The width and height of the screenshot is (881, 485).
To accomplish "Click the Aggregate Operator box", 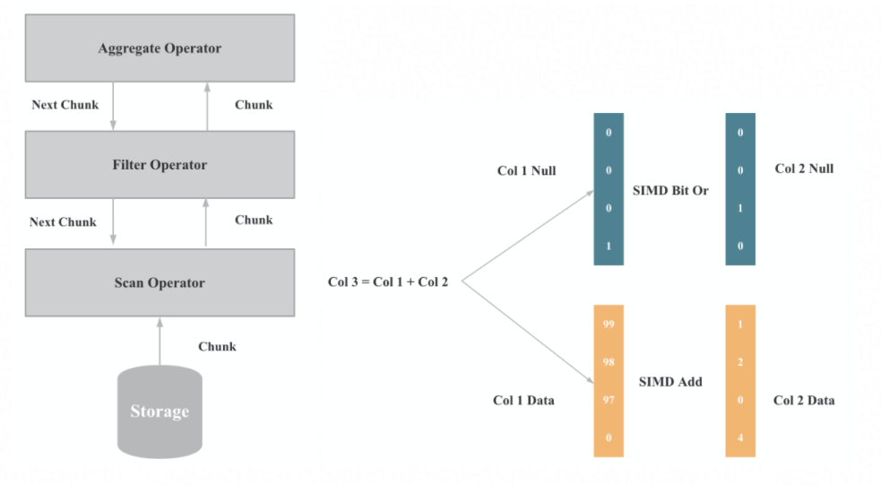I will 160,48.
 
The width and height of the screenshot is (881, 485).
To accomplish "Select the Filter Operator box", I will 160,165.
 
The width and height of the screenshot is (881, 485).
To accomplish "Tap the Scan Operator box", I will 160,283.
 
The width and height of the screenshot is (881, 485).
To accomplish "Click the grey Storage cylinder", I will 160,411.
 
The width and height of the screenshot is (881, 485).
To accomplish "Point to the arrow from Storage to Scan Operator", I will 160,341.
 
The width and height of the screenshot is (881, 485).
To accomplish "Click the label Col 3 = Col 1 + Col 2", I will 388,282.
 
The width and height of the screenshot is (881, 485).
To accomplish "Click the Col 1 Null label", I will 527,170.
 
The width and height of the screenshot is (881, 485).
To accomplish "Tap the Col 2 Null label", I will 804,169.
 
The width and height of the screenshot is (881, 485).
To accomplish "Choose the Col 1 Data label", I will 523,401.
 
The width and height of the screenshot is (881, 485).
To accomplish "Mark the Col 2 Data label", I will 804,401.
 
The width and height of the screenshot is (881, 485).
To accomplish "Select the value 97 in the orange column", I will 609,400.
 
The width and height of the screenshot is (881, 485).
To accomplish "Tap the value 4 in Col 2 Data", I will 740,438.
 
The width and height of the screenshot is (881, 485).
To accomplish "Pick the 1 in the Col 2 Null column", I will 740,208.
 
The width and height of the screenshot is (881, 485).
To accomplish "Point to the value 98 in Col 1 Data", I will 609,362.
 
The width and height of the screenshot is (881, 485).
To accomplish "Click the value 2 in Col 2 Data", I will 740,362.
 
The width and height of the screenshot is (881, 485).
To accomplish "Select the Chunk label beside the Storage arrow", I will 217,347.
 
